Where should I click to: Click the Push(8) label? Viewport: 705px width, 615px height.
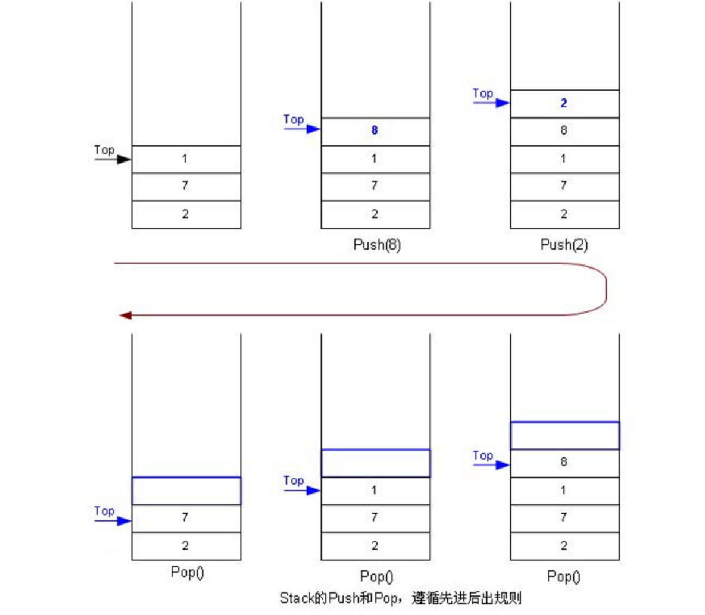(x=377, y=244)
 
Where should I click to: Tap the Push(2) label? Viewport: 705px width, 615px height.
(x=564, y=244)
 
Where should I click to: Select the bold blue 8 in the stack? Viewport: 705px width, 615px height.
(x=374, y=131)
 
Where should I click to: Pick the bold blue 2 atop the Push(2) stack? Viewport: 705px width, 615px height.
(x=564, y=103)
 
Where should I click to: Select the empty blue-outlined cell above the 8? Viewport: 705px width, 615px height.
(x=564, y=436)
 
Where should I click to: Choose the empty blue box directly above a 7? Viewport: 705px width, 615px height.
(x=186, y=490)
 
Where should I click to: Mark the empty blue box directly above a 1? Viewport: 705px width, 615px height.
(x=375, y=463)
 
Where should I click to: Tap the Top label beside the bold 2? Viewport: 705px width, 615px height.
(x=483, y=93)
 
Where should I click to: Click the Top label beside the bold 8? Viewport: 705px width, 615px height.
(x=293, y=119)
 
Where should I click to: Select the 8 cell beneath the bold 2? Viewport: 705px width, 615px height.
(x=564, y=131)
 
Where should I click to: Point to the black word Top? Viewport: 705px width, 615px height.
(x=104, y=149)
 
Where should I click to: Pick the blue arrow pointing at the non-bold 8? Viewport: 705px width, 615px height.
(x=492, y=464)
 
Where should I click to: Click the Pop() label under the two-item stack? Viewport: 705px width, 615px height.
(x=187, y=572)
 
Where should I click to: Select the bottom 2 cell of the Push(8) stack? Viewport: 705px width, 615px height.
(x=375, y=214)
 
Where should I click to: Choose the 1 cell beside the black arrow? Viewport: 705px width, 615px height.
(x=185, y=159)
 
